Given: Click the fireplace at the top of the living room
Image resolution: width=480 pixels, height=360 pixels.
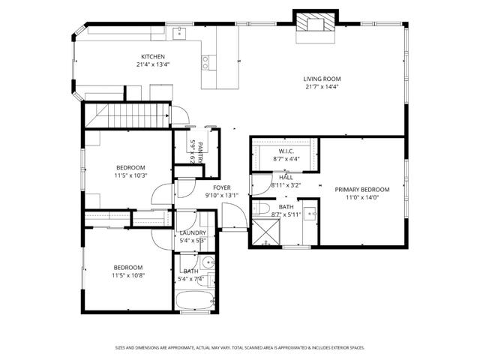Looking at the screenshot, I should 312,23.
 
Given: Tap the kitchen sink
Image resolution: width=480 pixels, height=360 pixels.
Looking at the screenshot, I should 179,33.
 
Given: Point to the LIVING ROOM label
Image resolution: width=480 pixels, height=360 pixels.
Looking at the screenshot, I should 322,79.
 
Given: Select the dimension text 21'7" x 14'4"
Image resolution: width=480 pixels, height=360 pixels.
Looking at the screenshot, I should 322,88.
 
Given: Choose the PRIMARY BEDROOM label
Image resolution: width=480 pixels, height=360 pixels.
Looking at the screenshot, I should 362,190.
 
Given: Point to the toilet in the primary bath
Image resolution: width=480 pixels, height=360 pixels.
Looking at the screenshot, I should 257,208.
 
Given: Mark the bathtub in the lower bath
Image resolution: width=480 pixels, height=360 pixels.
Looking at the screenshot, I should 194,302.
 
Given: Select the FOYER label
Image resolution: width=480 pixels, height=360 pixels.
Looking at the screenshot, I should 221,187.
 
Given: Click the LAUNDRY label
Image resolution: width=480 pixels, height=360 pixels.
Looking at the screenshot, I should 193,232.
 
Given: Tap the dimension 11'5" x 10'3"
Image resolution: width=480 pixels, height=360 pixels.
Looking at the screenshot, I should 131,175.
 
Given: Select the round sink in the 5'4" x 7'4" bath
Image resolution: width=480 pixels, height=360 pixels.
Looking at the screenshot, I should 209,263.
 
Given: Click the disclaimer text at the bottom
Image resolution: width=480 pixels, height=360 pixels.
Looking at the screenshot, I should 240,347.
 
